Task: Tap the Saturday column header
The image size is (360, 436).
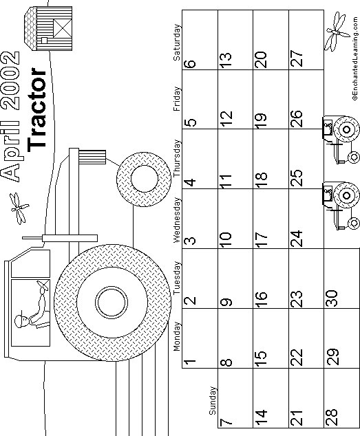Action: click(x=176, y=43)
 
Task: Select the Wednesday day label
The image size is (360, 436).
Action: click(x=176, y=220)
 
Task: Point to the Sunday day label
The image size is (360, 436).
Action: click(x=213, y=401)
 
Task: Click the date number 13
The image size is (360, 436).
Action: click(x=226, y=61)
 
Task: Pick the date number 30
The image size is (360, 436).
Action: click(x=331, y=298)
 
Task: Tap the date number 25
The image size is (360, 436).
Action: click(x=296, y=177)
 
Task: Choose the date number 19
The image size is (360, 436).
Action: click(x=261, y=119)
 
